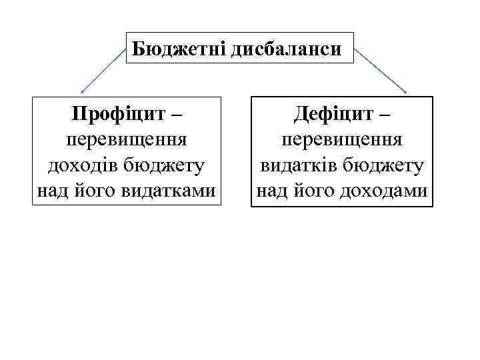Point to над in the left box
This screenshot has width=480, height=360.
[x=52, y=191]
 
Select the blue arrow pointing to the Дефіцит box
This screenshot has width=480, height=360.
[x=381, y=70]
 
